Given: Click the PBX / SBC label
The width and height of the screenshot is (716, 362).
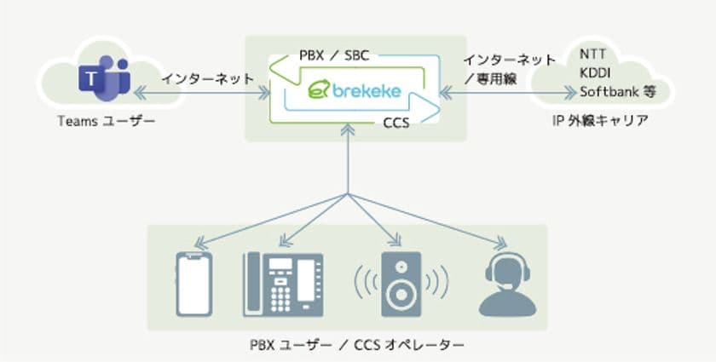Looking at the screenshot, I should pos(335,55).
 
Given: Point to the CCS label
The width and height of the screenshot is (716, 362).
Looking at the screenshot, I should pos(396,122).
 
